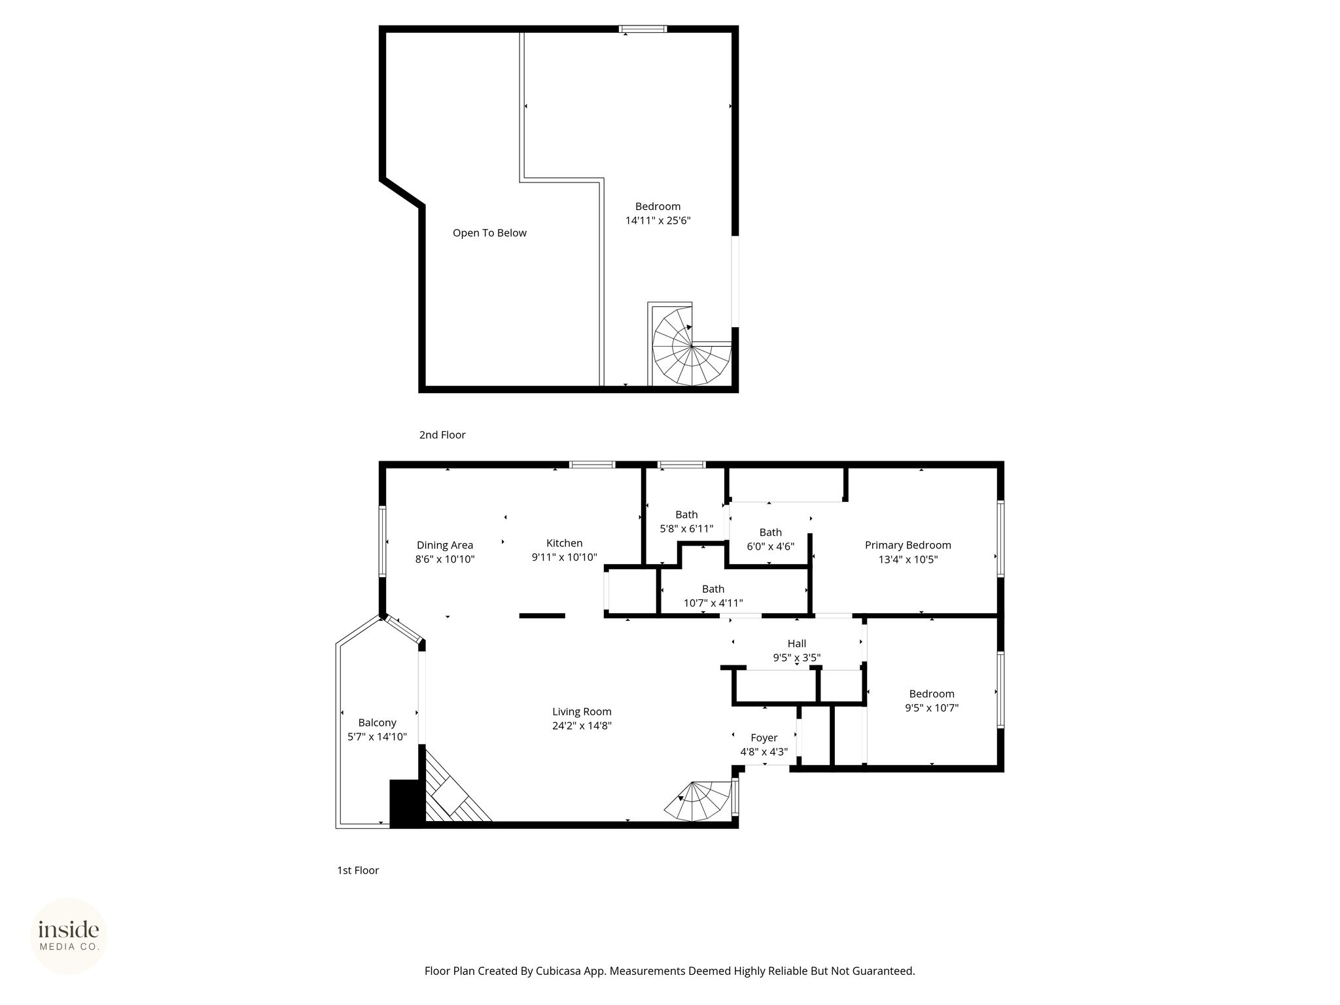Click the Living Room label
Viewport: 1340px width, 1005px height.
click(x=582, y=712)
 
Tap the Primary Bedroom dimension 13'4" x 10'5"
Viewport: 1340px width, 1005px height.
click(x=908, y=559)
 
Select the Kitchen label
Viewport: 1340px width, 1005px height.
click(x=564, y=543)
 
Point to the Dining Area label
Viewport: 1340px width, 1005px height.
click(x=445, y=545)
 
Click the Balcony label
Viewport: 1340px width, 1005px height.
click(x=377, y=723)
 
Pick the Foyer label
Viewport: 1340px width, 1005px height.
click(x=764, y=738)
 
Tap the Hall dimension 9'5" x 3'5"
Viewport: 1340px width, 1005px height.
click(x=797, y=658)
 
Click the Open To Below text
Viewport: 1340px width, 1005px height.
click(x=489, y=233)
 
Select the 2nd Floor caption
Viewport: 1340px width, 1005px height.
click(x=442, y=434)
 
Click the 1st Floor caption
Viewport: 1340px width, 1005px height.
click(x=358, y=870)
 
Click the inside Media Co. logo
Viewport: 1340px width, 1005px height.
click(x=69, y=936)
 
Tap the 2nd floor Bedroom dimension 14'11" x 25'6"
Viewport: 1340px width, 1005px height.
click(x=658, y=221)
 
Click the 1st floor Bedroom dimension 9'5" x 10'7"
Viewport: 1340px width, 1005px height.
click(x=932, y=707)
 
